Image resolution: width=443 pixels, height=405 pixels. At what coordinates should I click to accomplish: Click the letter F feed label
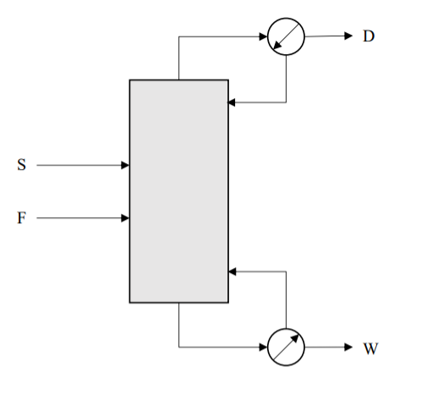(x=21, y=218)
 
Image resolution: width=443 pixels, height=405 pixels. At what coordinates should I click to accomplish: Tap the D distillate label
(x=369, y=36)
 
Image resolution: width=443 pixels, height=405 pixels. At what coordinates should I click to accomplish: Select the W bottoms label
(x=370, y=348)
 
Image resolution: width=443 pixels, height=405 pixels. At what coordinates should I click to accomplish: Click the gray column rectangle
(x=178, y=190)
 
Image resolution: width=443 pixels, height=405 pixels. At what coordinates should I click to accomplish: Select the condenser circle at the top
(x=286, y=37)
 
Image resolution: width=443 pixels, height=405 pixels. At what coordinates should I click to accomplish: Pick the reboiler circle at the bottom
(x=286, y=348)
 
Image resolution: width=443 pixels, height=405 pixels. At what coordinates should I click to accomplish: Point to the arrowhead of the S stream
(x=125, y=166)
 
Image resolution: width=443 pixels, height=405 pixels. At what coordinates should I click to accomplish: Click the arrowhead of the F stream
(x=125, y=218)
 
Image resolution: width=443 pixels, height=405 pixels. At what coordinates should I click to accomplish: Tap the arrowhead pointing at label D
(x=347, y=36)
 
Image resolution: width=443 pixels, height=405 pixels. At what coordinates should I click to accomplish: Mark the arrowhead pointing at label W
(x=347, y=348)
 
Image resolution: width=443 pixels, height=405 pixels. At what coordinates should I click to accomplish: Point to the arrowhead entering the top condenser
(x=263, y=36)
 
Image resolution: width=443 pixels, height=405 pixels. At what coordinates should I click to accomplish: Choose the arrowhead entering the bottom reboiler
(x=263, y=348)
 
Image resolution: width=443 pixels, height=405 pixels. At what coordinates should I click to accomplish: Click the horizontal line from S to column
(x=80, y=166)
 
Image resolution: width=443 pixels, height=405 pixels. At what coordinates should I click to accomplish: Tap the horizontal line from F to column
(x=80, y=218)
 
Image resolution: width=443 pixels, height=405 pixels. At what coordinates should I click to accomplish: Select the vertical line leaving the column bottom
(x=179, y=325)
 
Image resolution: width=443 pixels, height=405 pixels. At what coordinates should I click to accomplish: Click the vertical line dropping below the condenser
(x=287, y=79)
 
